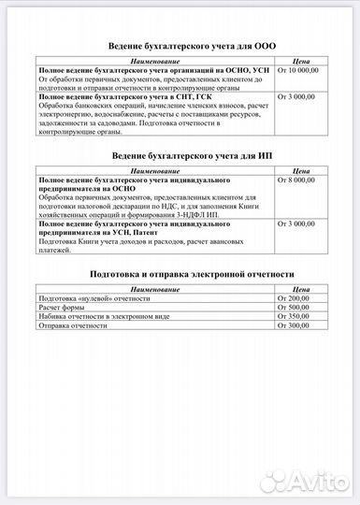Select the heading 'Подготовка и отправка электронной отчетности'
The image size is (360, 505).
coord(180,274)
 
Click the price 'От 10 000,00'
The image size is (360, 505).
coord(298,70)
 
